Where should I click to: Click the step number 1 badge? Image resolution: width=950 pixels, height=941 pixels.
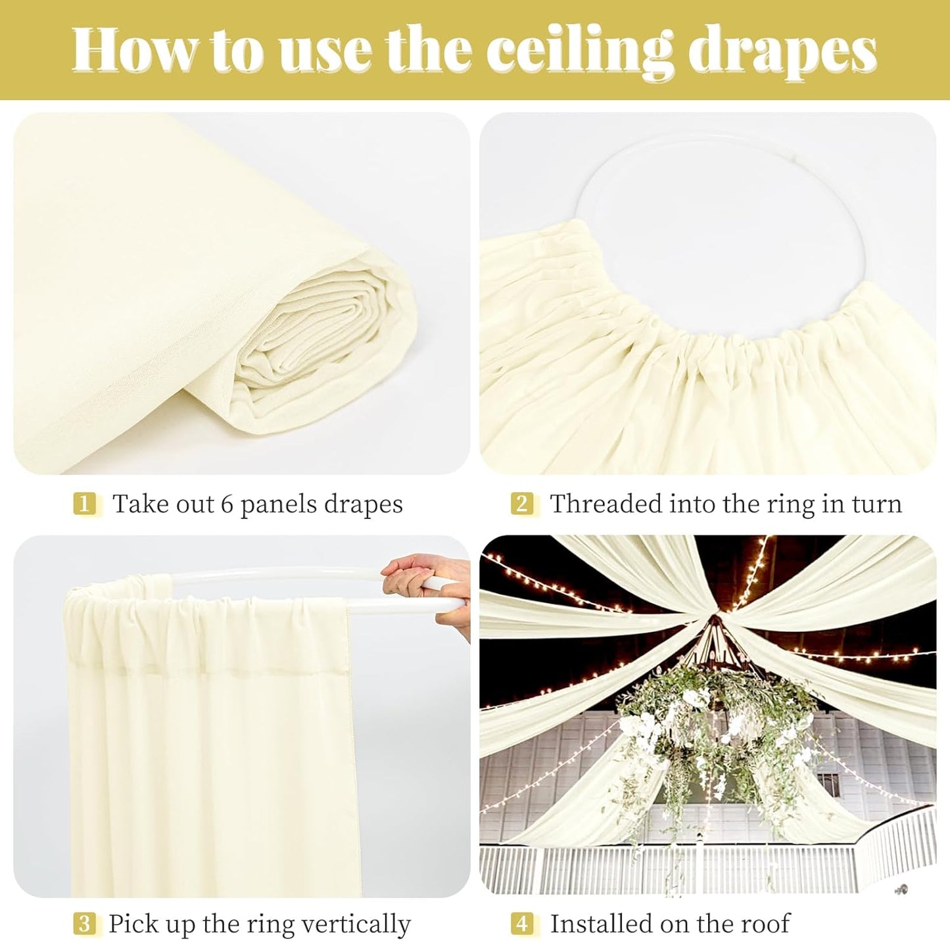(83, 504)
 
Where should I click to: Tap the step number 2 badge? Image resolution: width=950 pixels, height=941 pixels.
(522, 504)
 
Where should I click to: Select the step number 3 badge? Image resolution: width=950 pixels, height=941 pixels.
(83, 924)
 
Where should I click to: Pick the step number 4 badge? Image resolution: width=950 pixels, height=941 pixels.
(522, 924)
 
